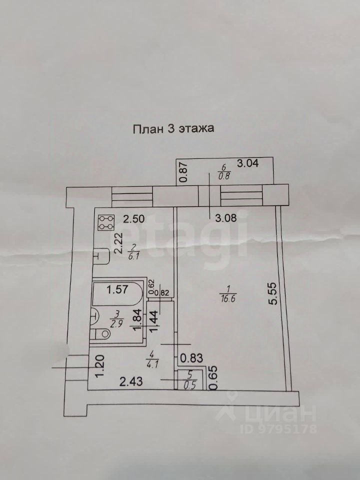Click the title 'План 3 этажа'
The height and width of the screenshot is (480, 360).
[173, 128]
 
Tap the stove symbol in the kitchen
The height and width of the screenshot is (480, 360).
[105, 222]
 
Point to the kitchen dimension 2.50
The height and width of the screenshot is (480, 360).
[133, 218]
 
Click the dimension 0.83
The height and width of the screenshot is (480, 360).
[191, 357]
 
